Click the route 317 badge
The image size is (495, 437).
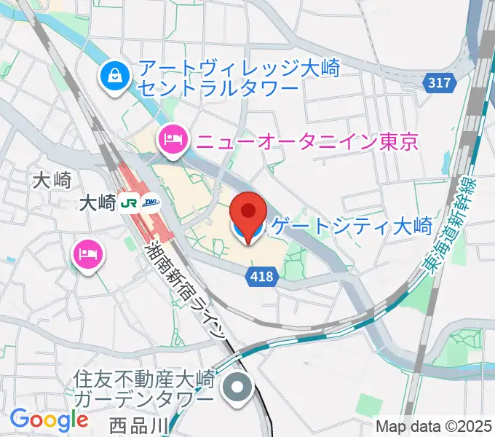point(439,83)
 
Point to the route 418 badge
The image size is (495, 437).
point(260,275)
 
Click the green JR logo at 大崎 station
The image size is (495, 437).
point(130,203)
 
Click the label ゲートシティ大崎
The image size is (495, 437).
point(352,227)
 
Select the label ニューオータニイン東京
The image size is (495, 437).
point(305,140)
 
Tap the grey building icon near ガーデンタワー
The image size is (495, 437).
point(237,387)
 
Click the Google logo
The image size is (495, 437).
point(49,420)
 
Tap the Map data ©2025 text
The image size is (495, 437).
point(432,426)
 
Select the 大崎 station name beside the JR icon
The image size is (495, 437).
point(96,204)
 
